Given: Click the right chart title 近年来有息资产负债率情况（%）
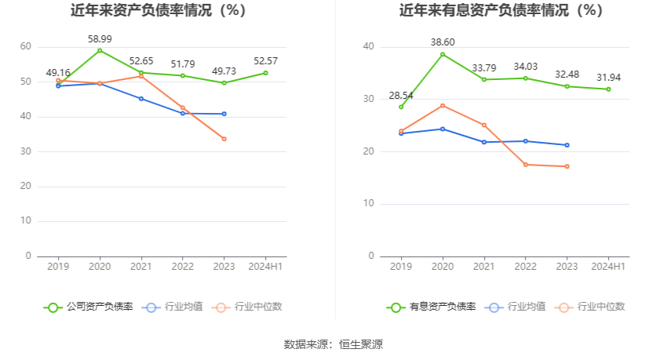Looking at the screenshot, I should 501,11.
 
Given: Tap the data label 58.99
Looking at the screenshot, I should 100,38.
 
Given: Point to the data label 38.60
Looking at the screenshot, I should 443,42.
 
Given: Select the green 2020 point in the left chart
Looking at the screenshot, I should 100,50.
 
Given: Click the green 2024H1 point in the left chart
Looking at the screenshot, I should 265,73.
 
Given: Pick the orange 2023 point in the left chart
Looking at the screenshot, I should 224,139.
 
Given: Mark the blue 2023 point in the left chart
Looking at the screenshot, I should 224,114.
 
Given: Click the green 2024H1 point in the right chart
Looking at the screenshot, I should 608,89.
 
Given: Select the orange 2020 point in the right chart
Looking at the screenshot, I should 443,105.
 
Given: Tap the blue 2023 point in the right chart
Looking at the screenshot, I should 567,145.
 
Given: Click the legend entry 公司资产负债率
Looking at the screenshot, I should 89,307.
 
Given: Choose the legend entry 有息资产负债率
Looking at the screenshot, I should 432,307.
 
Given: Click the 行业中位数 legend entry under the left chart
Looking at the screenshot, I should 247,307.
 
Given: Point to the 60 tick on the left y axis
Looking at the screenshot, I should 26,47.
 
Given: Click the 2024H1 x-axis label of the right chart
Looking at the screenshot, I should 608,267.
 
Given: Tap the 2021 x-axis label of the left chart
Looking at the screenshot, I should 140,267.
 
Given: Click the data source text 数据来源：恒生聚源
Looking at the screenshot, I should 333,344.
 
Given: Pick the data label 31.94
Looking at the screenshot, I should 608,77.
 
